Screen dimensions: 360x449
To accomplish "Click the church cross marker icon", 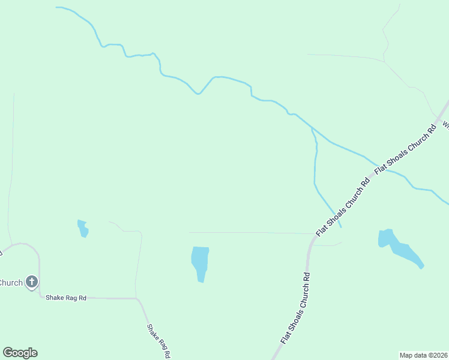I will tap(32, 281).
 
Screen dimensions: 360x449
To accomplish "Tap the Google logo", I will tap(20, 353).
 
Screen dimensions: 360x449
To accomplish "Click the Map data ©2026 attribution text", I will tap(423, 355).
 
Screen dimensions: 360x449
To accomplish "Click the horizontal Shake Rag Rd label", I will tap(67, 298).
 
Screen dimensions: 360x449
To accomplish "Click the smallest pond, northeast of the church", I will tap(83, 229).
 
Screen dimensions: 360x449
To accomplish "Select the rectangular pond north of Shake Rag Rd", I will tap(200, 263).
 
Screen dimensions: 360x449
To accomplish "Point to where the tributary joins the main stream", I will tap(311, 128).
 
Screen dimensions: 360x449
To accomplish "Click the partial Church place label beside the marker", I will tap(11, 283).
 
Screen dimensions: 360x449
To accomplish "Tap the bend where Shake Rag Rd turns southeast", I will tap(138, 299).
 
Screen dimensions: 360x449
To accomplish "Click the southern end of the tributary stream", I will tap(341, 227).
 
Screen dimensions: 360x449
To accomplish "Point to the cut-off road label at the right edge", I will tap(445, 125).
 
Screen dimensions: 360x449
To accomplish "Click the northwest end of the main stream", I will tap(56, 7).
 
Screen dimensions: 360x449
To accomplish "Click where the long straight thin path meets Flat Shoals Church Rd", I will tap(314, 234).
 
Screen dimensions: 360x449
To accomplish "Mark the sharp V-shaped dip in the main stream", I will tap(198, 94).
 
